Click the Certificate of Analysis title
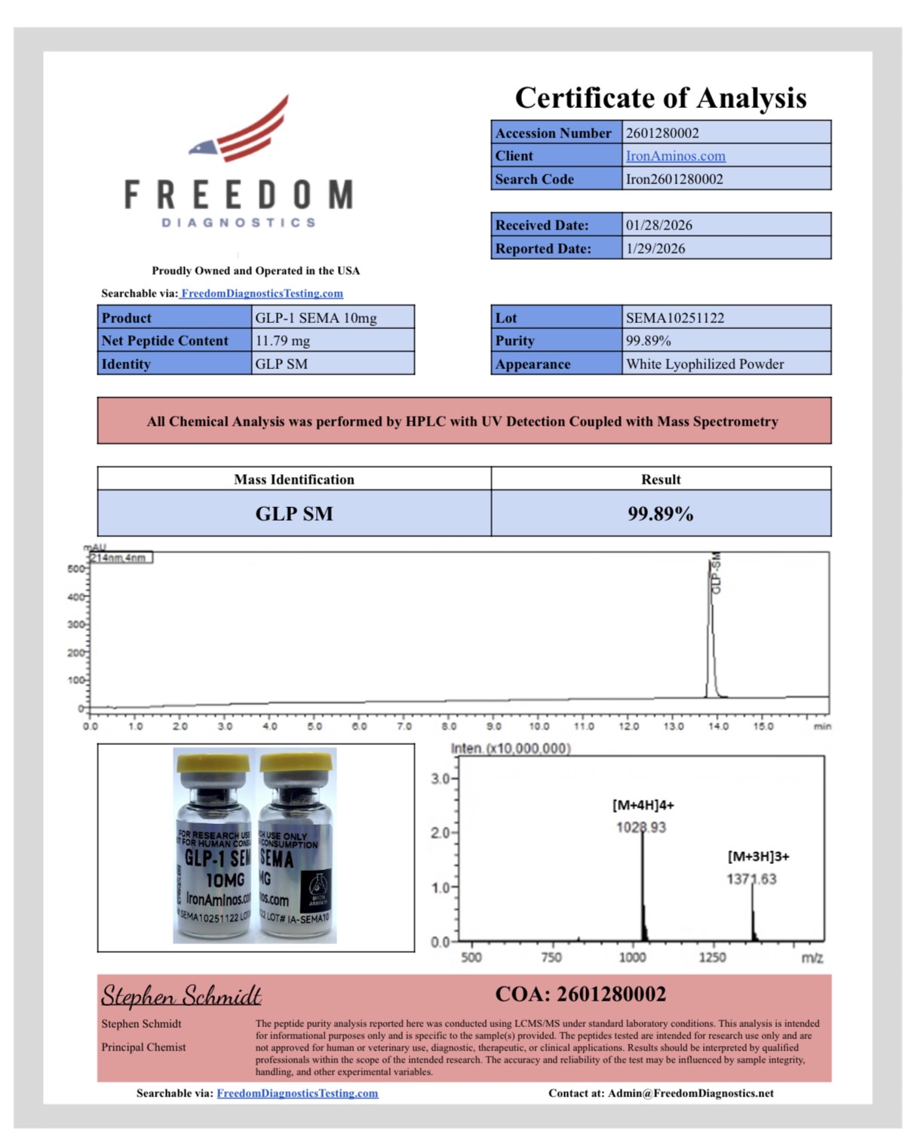[660, 98]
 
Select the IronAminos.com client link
[675, 156]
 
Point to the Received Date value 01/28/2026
[659, 225]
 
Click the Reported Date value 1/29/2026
[655, 248]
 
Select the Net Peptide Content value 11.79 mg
[282, 341]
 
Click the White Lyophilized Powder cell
[705, 364]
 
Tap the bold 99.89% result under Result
[660, 514]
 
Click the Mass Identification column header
[293, 479]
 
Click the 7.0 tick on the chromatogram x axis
[404, 727]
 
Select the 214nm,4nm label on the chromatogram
[121, 558]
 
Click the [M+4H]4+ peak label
[643, 805]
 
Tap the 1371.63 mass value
[751, 879]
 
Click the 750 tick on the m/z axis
[551, 958]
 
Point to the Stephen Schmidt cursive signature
[181, 995]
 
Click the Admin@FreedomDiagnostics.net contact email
[690, 1093]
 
